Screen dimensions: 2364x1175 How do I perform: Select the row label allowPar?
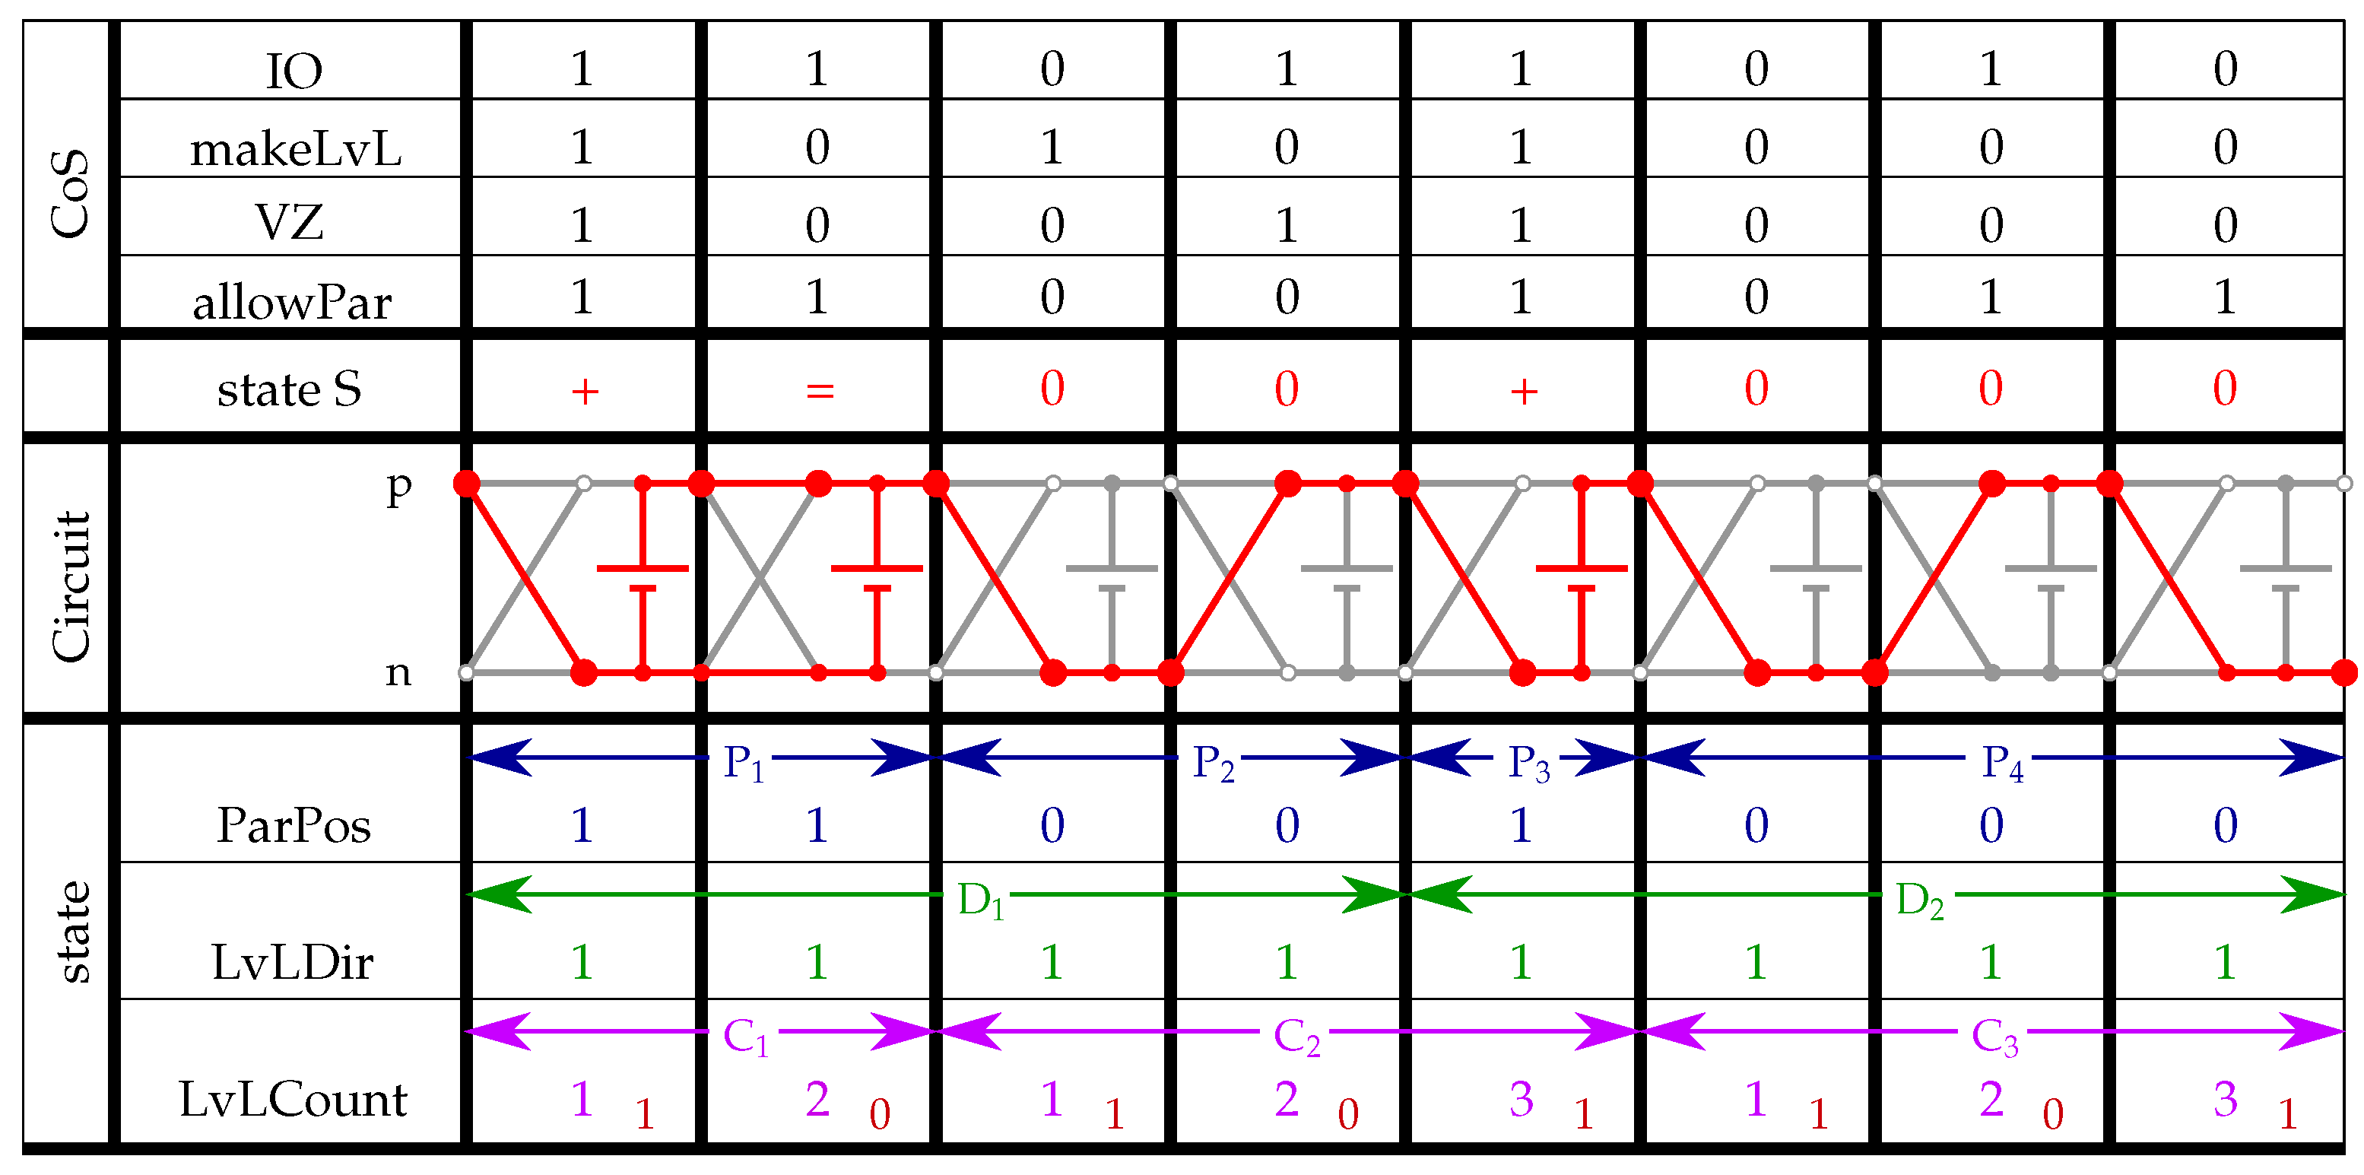point(292,302)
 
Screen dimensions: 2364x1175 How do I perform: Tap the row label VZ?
point(289,223)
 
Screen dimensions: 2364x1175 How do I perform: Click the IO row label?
point(294,71)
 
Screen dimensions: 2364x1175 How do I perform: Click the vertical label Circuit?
point(71,586)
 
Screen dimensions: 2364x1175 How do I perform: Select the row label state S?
point(289,389)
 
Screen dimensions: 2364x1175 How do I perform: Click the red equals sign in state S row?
point(820,391)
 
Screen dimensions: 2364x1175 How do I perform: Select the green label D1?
point(980,900)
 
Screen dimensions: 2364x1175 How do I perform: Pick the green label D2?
point(1919,900)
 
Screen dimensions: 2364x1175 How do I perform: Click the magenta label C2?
point(1296,1037)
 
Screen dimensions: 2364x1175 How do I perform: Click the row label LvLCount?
point(293,1100)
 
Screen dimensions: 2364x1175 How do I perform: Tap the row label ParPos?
point(294,825)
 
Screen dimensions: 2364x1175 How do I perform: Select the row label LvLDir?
point(293,963)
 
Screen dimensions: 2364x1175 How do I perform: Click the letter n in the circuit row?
point(398,674)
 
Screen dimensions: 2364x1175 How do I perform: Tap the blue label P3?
point(1529,763)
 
